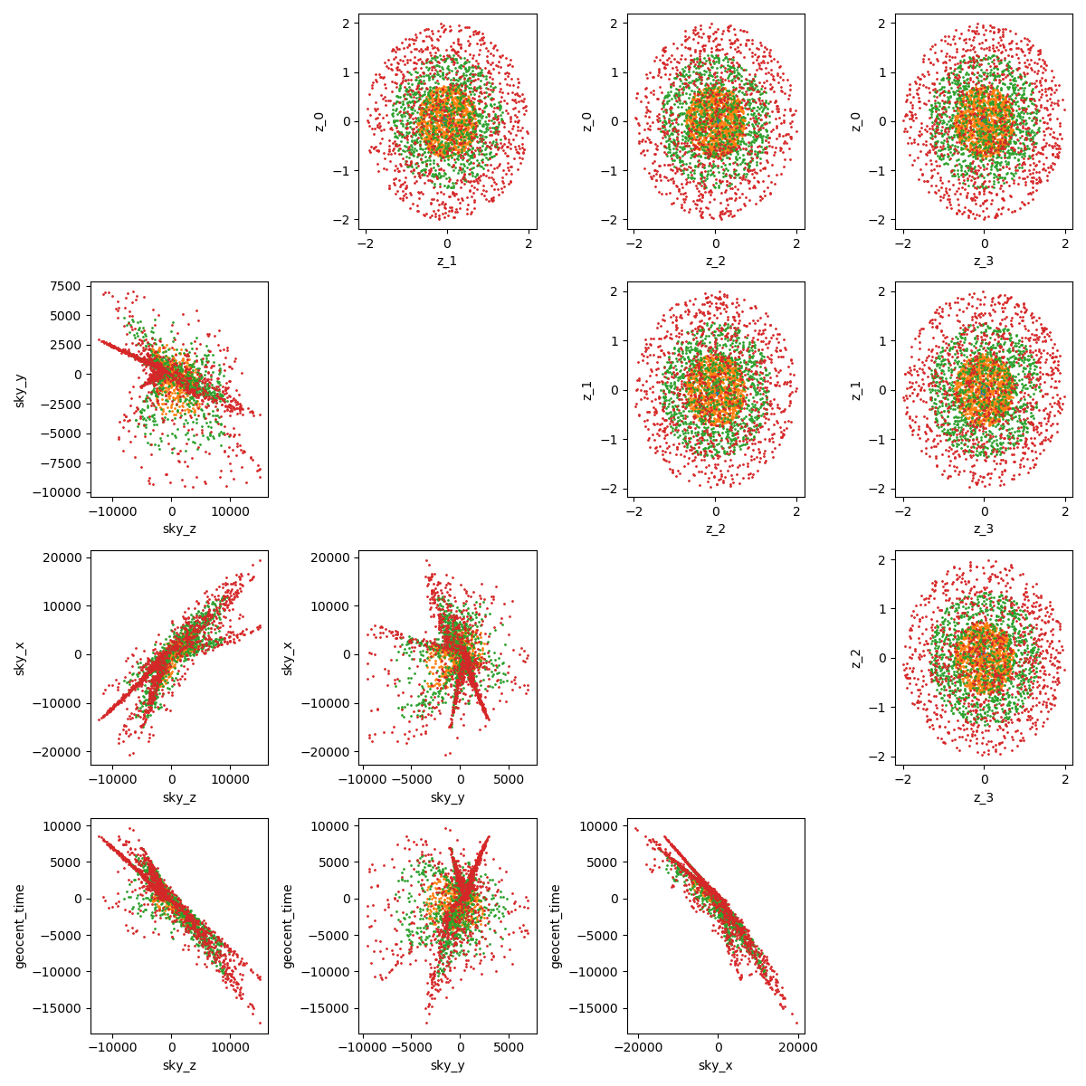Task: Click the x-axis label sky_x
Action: pyautogui.click(x=715, y=1065)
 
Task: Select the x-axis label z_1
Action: pyautogui.click(x=446, y=261)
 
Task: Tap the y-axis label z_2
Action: pyautogui.click(x=857, y=658)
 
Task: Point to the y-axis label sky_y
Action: pyautogui.click(x=20, y=389)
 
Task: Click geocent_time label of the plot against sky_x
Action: pyautogui.click(x=557, y=926)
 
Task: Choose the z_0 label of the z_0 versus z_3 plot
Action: pyautogui.click(x=857, y=121)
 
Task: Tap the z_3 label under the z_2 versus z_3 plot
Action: pyautogui.click(x=984, y=797)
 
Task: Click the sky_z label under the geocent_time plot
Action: pyautogui.click(x=178, y=1065)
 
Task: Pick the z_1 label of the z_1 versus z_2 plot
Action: pyautogui.click(x=589, y=389)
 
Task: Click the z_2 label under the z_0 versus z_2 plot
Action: pyautogui.click(x=715, y=261)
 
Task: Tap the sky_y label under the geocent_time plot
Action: pyautogui.click(x=447, y=1065)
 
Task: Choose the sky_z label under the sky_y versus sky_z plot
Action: pyautogui.click(x=178, y=529)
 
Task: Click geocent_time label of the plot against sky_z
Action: pyautogui.click(x=20, y=926)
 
